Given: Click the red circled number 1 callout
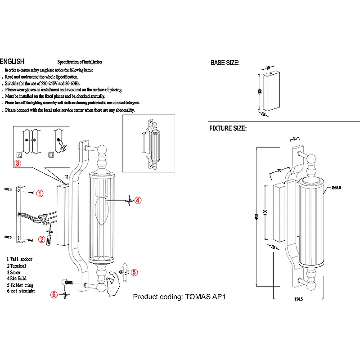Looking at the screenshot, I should [x=40, y=194].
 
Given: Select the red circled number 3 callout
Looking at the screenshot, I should [x=17, y=163].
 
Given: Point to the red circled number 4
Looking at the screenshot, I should [x=138, y=200].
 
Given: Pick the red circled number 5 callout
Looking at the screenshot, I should [x=134, y=272].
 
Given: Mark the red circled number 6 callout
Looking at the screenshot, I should [x=54, y=295].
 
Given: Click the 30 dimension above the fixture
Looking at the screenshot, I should [x=295, y=139].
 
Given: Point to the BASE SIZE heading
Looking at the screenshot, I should [x=225, y=63].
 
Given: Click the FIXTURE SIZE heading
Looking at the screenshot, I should [x=228, y=128].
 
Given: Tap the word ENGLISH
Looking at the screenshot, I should [x=12, y=62].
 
